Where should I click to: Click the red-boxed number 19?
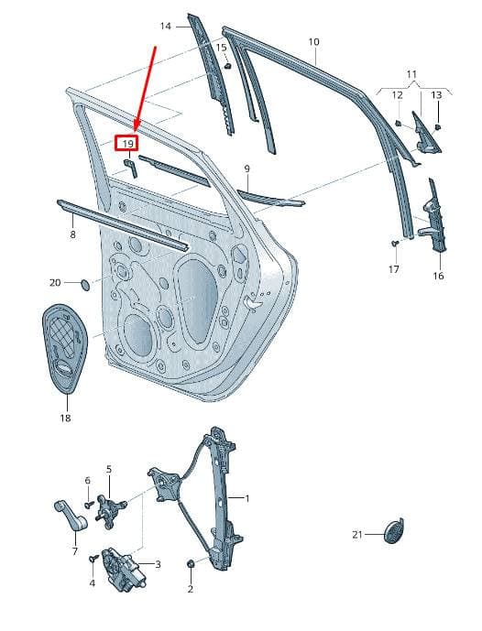coord(127,144)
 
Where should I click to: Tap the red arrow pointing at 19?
coord(145,89)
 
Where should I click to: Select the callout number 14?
coord(166,27)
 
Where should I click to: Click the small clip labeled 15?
coord(227,66)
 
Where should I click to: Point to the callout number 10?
coord(314,41)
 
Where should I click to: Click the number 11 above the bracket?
coord(411,74)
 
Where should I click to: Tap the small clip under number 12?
coord(399,123)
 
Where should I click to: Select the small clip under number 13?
coord(438,127)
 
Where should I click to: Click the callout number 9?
coord(246,169)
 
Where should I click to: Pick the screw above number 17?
coord(395,244)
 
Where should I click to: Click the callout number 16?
coord(438,276)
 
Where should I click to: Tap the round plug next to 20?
coord(86,284)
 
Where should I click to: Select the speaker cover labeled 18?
coord(65,349)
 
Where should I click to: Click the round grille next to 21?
coord(393,531)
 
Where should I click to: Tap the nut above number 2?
coord(191,563)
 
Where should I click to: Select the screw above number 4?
coord(94,559)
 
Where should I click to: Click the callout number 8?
coord(72,234)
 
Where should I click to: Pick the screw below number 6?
coord(89,503)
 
